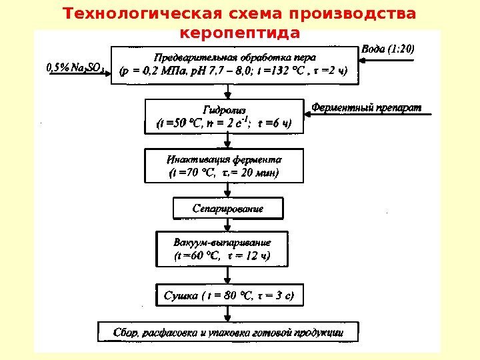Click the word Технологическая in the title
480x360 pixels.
pos(125,14)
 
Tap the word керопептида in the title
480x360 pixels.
pos(240,33)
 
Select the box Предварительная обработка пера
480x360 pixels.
pos(234,65)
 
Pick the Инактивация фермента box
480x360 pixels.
pos(224,166)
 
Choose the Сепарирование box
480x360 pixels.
pos(227,209)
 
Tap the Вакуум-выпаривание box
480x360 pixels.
pos(222,248)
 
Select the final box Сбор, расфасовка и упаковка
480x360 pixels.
pos(229,331)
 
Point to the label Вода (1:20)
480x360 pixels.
pos(387,49)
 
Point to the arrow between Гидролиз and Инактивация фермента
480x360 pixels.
pos(228,141)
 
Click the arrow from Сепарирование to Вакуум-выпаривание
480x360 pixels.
pos(228,225)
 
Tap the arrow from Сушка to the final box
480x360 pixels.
pos(228,314)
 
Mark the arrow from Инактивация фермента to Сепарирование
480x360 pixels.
pos(228,190)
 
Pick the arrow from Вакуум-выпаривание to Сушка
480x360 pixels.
pos(228,275)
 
